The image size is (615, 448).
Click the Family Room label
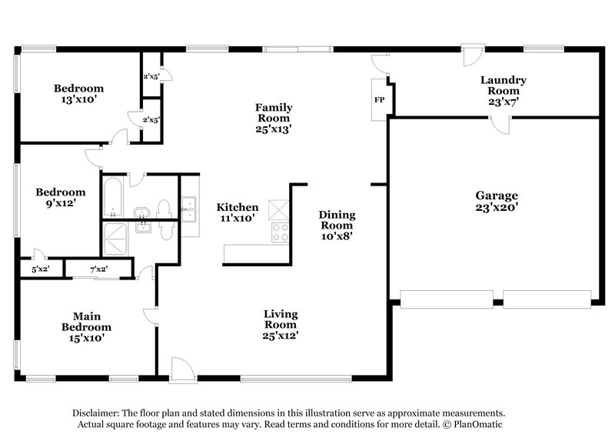coord(274,113)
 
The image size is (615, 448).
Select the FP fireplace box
coord(379,100)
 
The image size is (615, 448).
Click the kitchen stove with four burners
coord(277,232)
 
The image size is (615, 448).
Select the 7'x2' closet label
coord(98,269)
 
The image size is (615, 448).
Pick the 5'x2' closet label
coord(41,269)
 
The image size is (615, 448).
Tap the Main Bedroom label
coord(87,326)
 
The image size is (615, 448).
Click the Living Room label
coord(281,324)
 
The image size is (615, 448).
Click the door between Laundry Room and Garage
coord(501,125)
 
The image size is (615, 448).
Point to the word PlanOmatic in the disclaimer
coord(476,424)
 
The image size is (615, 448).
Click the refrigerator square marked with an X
coord(277,209)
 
